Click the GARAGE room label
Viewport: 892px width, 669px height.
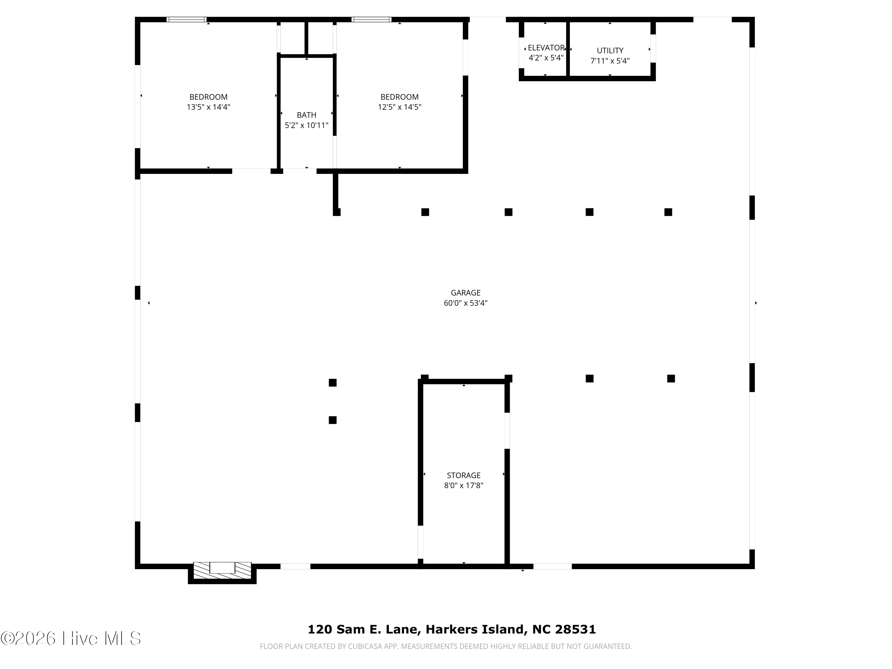[x=465, y=293]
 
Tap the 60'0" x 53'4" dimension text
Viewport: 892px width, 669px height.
[x=465, y=303]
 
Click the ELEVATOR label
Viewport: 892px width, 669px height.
[x=546, y=48]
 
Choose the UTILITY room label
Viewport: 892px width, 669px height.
[x=610, y=51]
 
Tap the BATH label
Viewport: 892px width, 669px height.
[x=307, y=115]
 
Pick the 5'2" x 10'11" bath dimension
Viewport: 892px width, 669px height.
[x=307, y=125]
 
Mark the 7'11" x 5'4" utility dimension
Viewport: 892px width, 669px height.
[x=610, y=61]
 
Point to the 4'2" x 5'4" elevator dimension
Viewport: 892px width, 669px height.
[x=546, y=58]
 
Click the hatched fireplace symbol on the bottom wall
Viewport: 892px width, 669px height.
[x=222, y=570]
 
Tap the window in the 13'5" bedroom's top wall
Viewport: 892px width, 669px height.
[x=186, y=19]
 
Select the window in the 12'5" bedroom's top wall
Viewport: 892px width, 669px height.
[x=371, y=19]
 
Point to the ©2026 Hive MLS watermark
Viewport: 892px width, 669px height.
[x=71, y=638]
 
